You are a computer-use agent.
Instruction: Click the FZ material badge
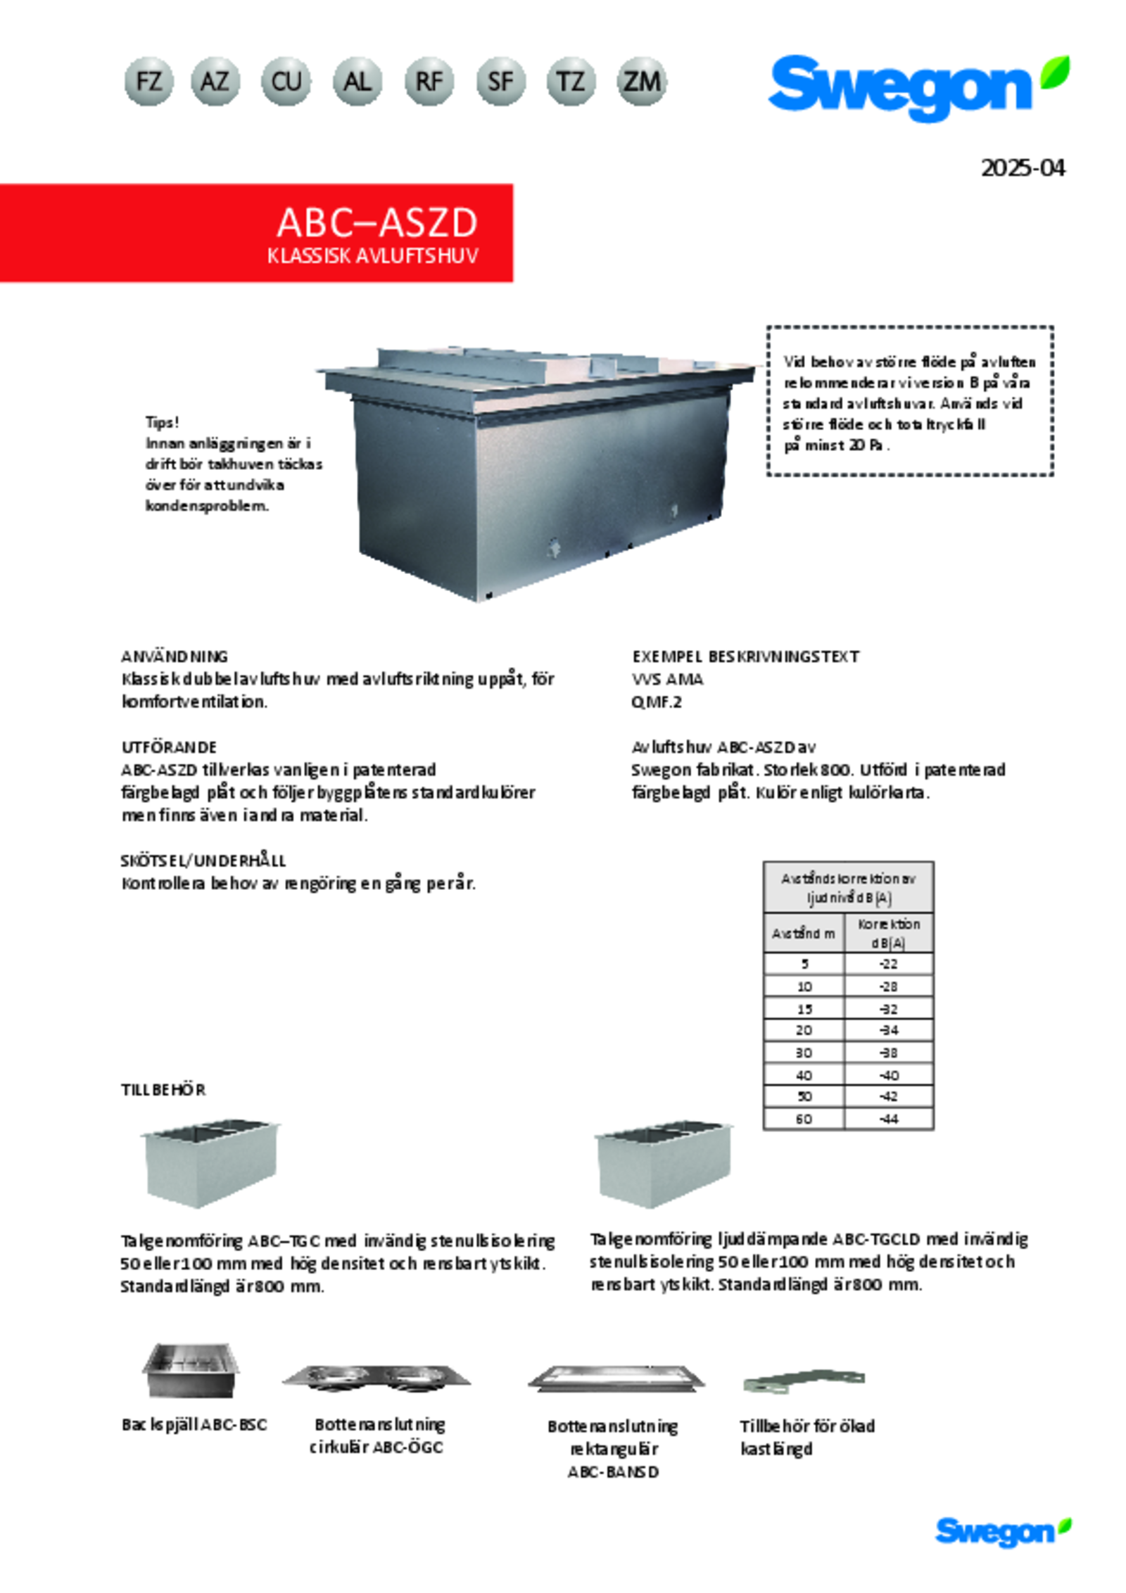click(148, 82)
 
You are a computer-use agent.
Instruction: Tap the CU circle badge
click(286, 82)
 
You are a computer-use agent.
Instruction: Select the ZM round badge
click(641, 82)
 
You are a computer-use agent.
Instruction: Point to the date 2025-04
click(1022, 168)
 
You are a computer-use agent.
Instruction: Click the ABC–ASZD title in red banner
click(377, 222)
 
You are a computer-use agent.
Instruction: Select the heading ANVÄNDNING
click(175, 656)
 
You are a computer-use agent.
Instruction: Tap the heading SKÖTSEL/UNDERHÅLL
click(203, 861)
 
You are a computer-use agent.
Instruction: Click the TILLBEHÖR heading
click(163, 1090)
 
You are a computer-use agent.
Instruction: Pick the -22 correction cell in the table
click(888, 964)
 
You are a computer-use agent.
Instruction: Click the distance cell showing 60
click(804, 1119)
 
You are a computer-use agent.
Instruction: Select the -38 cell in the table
click(888, 1053)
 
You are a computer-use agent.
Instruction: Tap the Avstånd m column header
click(804, 934)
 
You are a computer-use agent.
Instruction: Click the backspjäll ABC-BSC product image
click(190, 1371)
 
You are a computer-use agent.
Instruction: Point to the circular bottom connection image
click(377, 1378)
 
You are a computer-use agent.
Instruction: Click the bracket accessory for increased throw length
click(804, 1381)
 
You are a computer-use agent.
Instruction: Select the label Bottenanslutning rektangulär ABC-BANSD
click(613, 1449)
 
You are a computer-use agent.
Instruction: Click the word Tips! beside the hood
click(163, 423)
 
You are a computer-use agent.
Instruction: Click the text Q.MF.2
click(657, 702)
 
